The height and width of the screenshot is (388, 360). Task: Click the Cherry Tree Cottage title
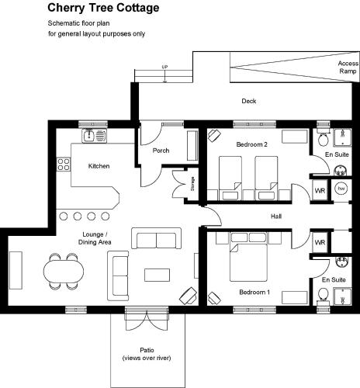(x=103, y=8)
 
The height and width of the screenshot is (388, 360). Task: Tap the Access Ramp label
(x=348, y=68)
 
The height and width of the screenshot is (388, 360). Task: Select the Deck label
(x=249, y=101)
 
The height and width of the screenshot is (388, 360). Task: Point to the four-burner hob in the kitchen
(x=64, y=165)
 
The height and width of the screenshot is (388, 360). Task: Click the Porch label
(x=161, y=151)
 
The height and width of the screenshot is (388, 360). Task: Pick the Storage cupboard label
(x=192, y=184)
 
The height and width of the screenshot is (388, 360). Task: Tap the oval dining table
(x=64, y=272)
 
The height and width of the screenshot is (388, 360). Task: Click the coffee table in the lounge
(x=157, y=275)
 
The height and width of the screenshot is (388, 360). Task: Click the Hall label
(x=276, y=217)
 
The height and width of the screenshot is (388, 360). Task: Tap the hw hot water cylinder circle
(x=341, y=189)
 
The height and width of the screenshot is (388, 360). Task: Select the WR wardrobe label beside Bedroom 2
(x=320, y=191)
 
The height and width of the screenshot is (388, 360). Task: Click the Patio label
(x=147, y=350)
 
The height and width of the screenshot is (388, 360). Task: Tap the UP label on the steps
(x=164, y=67)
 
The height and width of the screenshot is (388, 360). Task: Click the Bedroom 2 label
(x=251, y=144)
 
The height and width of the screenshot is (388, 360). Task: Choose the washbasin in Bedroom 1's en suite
(x=341, y=262)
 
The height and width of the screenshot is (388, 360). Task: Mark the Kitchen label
(x=99, y=166)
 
